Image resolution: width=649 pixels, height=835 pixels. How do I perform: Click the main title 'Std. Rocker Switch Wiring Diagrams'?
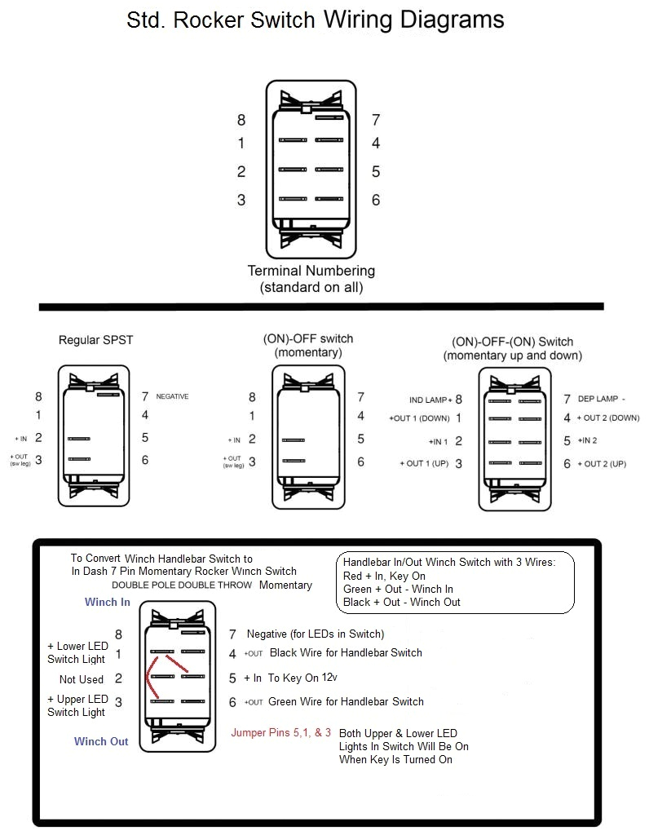(316, 20)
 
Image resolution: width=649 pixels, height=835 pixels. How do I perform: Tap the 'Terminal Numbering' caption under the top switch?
(311, 271)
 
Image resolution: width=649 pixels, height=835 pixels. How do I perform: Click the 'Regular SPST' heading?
(96, 340)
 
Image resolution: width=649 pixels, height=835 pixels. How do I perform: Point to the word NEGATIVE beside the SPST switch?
(172, 397)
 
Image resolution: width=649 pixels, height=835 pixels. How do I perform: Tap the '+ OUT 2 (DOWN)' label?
(608, 418)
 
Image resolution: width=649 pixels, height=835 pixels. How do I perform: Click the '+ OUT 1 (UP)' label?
(425, 464)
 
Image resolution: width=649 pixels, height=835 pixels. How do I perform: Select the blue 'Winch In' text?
(108, 603)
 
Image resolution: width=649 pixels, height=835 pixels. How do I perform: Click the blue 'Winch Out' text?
(101, 741)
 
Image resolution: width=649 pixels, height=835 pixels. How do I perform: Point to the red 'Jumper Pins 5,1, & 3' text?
(281, 732)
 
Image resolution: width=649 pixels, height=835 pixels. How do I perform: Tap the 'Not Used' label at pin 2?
(82, 679)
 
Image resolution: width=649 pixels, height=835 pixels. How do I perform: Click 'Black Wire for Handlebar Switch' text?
(346, 652)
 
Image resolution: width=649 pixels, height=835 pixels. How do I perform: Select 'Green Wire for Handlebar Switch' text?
(347, 701)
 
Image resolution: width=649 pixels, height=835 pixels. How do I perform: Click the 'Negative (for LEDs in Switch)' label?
(315, 634)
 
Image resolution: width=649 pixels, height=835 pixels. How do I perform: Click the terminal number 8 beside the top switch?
(241, 121)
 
